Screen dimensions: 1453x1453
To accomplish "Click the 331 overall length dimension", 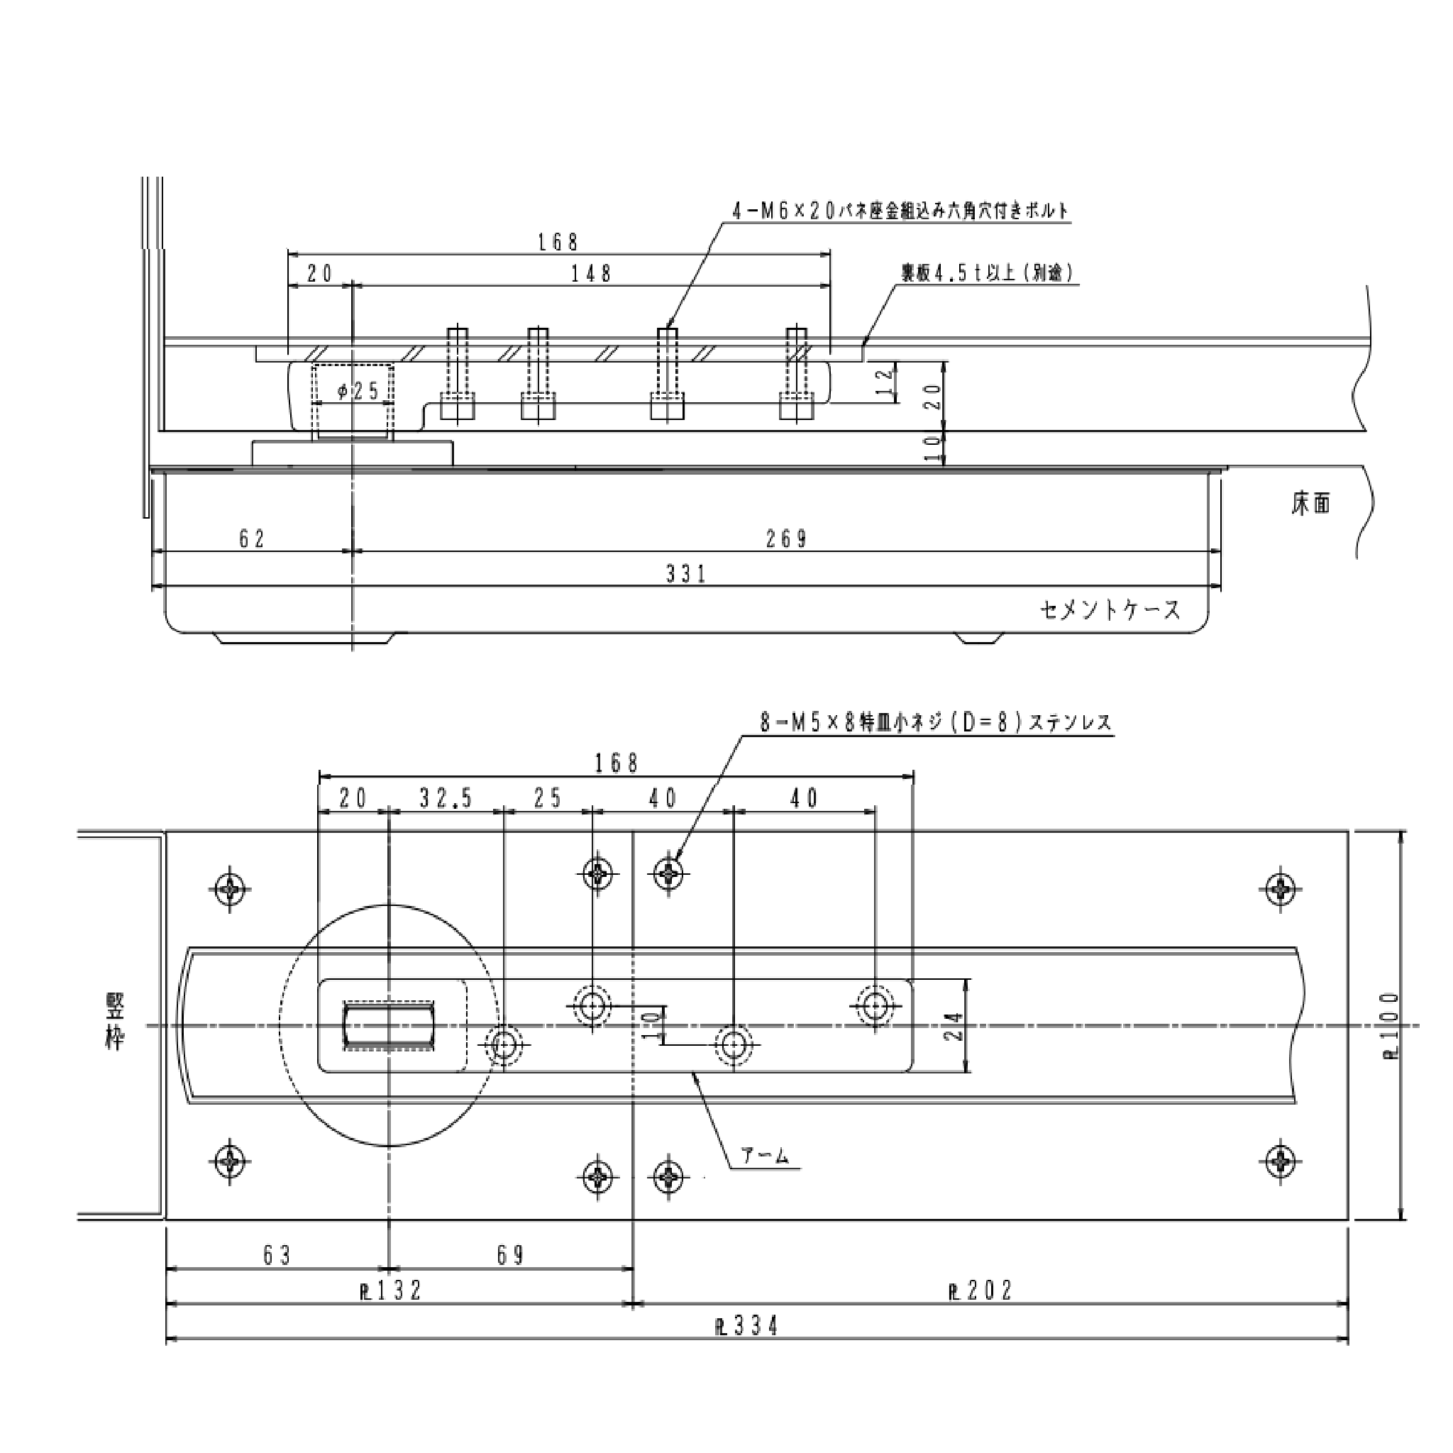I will [x=685, y=575].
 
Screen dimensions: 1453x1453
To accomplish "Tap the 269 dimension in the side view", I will [x=786, y=539].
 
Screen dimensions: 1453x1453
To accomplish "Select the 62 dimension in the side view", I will [x=252, y=539].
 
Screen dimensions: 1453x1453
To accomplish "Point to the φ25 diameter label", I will [x=358, y=392].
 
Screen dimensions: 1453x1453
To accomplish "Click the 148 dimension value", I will [x=591, y=274].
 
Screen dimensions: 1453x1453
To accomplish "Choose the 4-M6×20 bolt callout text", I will [x=900, y=211].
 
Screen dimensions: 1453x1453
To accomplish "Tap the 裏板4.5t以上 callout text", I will [x=988, y=273].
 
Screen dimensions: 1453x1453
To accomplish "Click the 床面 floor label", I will [x=1310, y=504].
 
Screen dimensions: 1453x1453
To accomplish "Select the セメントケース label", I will [x=1111, y=610].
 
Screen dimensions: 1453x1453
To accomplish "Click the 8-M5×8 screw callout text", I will [x=935, y=723].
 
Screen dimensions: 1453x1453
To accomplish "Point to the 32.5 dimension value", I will [x=446, y=799].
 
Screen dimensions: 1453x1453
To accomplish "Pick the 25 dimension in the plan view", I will [x=548, y=799].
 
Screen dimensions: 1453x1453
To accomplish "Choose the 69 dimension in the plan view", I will [x=511, y=1255].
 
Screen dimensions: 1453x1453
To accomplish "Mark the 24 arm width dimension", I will [x=954, y=1026].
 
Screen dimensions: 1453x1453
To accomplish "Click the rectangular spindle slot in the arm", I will [x=389, y=1025].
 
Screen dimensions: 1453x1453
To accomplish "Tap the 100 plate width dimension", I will [x=1391, y=1026].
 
